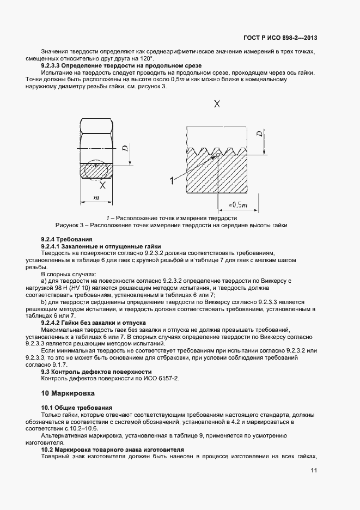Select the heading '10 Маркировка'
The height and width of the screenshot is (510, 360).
pos(68,393)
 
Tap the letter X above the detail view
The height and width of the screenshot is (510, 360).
pos(217,104)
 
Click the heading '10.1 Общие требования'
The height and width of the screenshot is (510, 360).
pos(76,408)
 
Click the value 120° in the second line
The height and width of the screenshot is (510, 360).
pos(145,58)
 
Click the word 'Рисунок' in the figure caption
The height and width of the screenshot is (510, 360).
pos(68,224)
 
